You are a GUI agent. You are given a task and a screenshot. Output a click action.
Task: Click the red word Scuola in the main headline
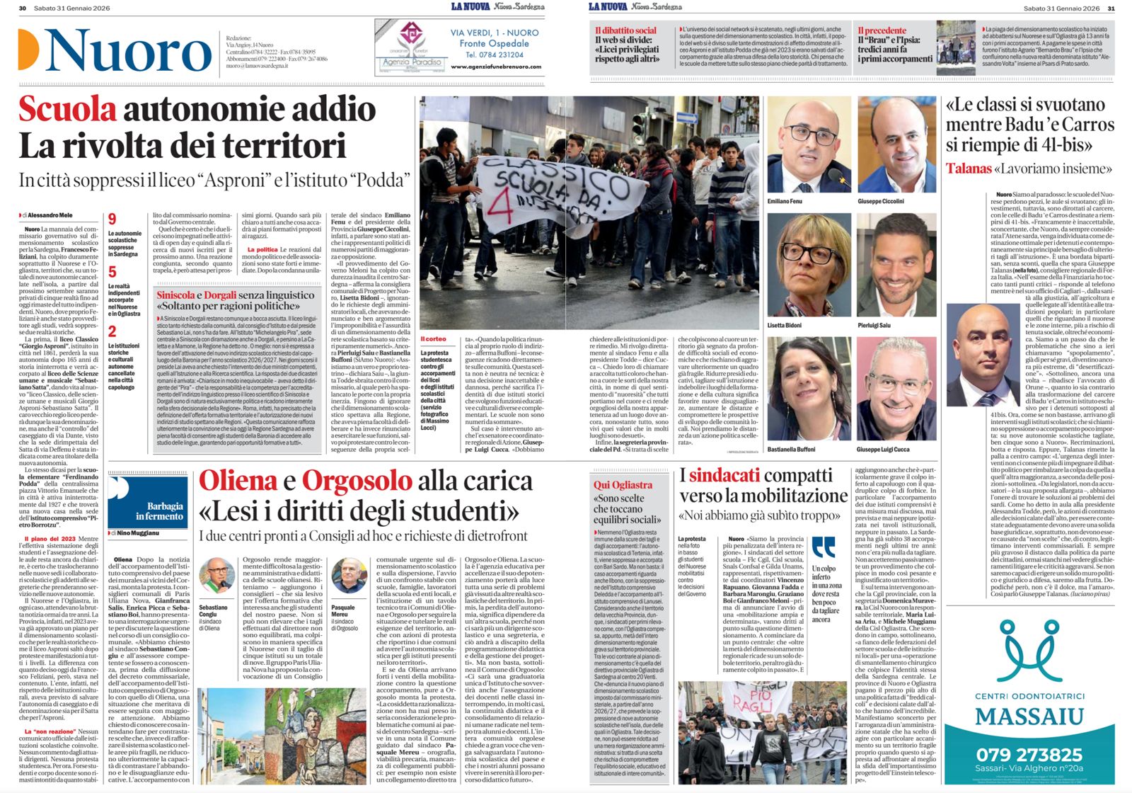click(x=67, y=110)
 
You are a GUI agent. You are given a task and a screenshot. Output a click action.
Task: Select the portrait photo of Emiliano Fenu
click(x=809, y=145)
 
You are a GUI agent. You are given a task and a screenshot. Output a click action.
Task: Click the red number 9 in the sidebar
click(x=112, y=220)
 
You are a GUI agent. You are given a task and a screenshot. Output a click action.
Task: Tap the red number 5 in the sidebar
click(x=112, y=273)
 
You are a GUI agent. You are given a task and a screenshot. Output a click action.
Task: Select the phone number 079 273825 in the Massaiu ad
click(x=1029, y=754)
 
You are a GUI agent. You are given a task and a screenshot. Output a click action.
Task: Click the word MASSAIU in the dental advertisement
click(x=1029, y=717)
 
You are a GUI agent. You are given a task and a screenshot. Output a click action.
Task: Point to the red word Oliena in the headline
click(x=238, y=481)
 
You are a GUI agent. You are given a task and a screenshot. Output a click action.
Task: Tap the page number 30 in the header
click(x=23, y=8)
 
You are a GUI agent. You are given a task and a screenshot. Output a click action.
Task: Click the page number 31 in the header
click(x=1111, y=8)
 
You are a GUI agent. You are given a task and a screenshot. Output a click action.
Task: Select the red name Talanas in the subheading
click(x=969, y=169)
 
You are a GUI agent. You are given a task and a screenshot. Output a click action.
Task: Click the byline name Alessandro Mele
click(x=50, y=215)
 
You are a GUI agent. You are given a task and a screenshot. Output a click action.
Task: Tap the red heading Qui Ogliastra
click(x=623, y=485)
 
